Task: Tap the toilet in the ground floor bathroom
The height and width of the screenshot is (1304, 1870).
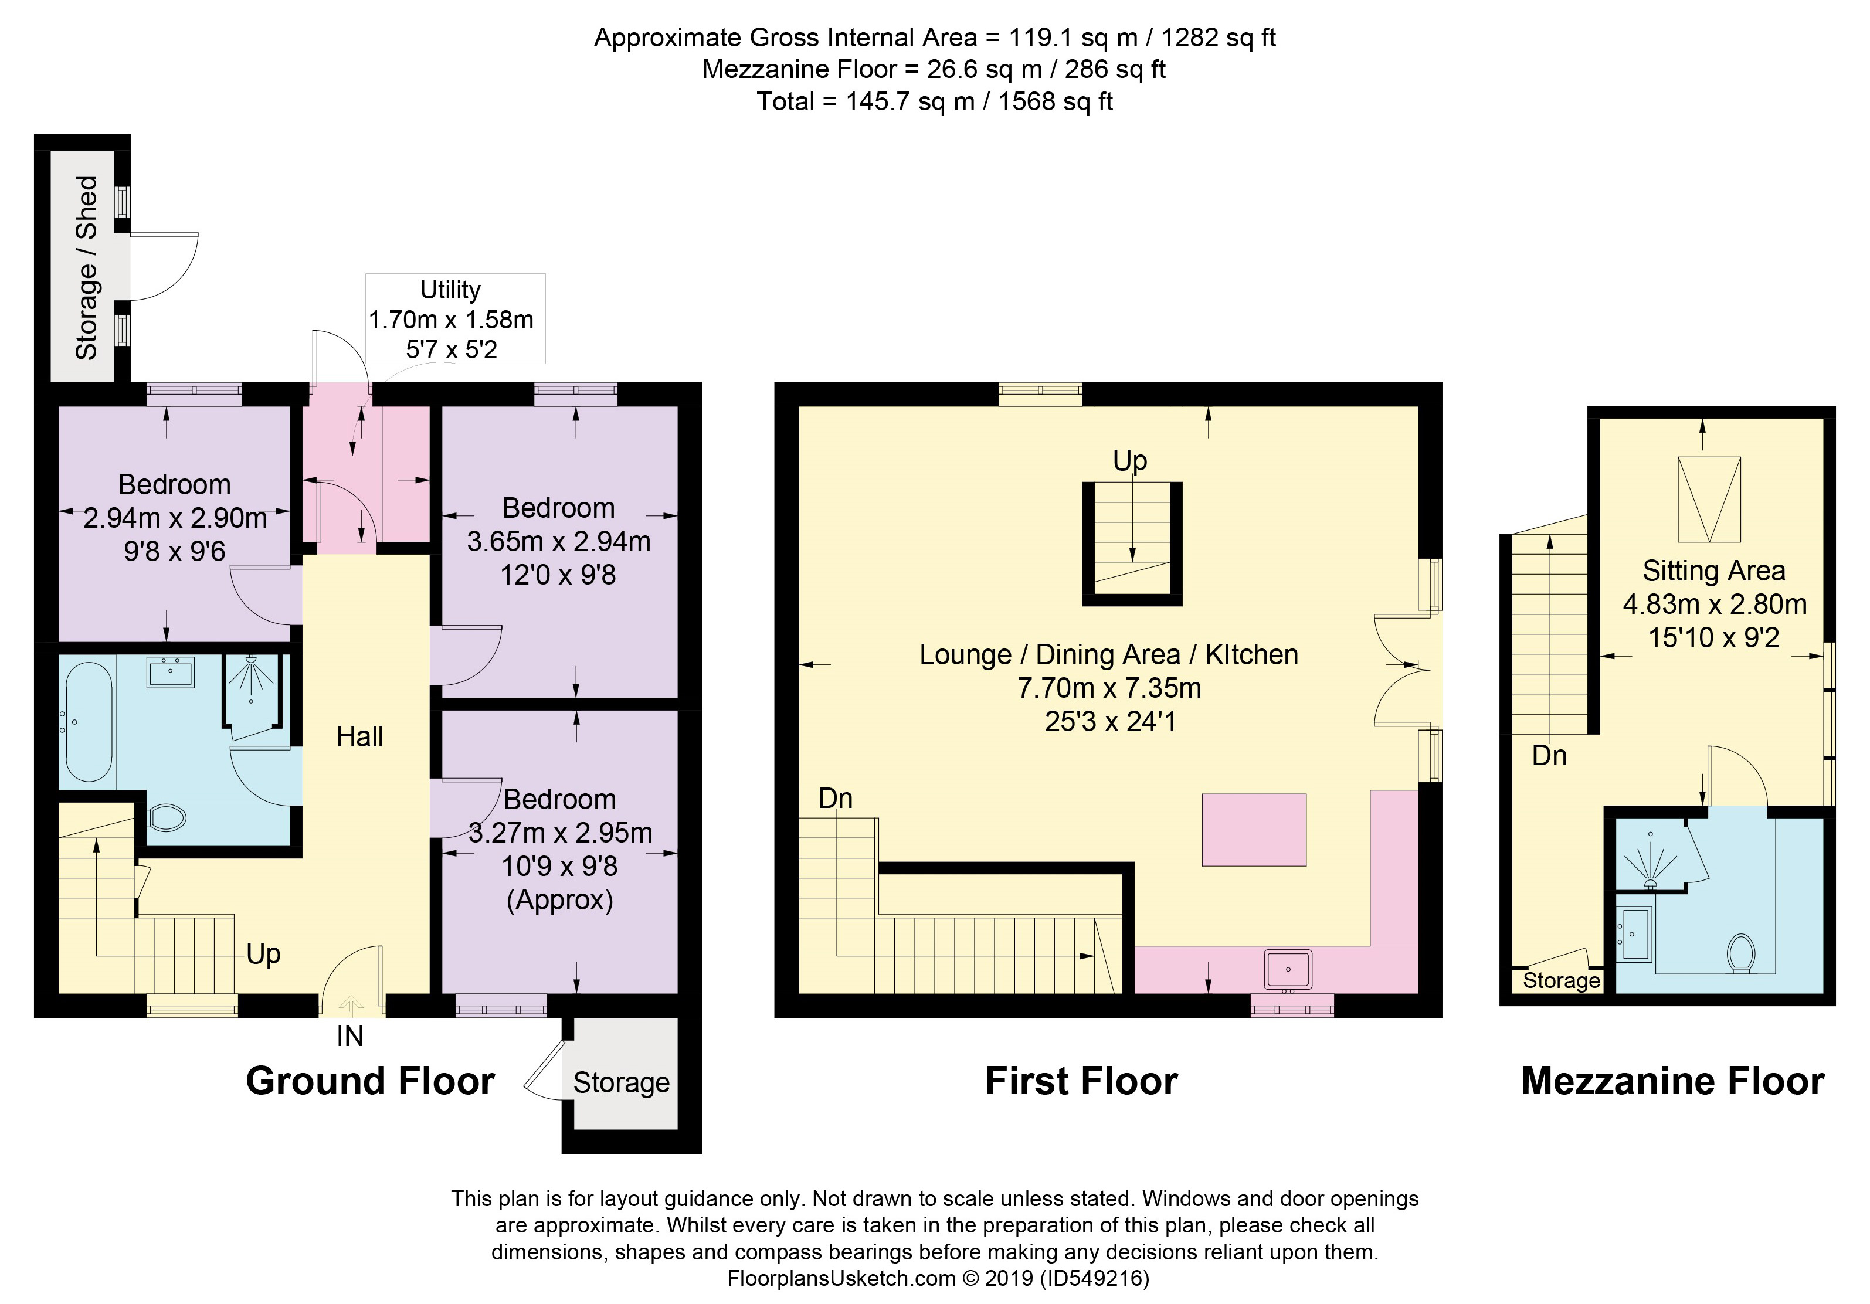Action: (167, 817)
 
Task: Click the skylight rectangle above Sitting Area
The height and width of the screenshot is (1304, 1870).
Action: (1709, 500)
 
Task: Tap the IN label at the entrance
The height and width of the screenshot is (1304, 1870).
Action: (350, 1037)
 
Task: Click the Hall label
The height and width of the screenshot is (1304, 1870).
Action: (360, 737)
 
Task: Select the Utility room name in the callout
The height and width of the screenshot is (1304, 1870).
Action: (450, 290)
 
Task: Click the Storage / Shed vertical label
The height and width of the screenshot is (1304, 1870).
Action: (86, 268)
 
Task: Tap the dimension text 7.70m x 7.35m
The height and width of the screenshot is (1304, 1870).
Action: (1109, 688)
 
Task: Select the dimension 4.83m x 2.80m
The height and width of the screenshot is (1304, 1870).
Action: (1715, 605)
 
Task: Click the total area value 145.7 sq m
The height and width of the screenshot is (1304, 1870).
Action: (911, 102)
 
